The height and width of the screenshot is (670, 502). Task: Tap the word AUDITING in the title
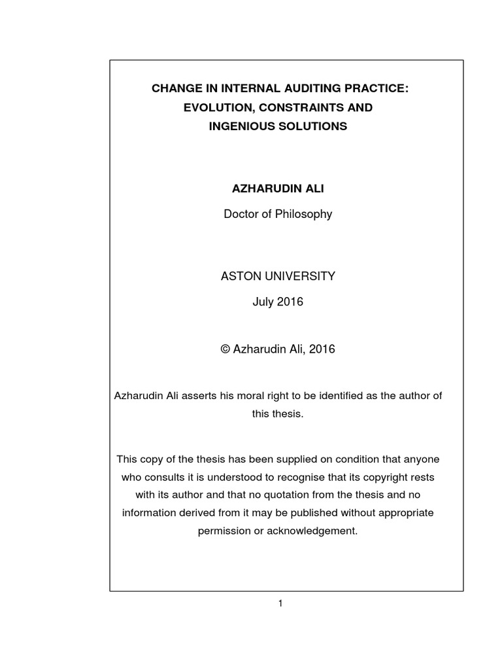click(286, 88)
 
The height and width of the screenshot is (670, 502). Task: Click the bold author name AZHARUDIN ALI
click(278, 188)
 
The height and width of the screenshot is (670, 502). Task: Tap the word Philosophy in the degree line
click(303, 214)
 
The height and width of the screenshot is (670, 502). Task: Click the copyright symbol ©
click(226, 349)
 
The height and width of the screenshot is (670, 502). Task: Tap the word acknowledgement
click(311, 531)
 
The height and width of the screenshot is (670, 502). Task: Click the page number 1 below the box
click(280, 603)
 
